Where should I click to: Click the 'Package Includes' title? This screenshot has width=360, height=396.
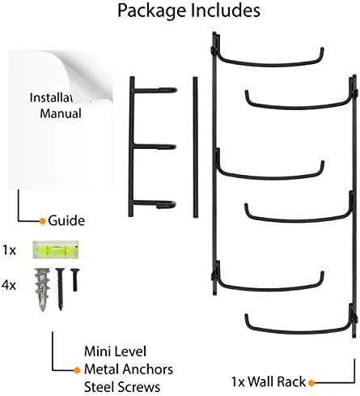coord(188,11)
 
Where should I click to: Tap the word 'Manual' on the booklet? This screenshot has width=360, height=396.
coord(61,113)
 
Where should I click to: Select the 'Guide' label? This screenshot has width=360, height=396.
coord(66,220)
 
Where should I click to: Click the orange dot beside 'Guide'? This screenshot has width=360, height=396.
coord(42,221)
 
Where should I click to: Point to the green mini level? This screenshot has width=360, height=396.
coord(56,249)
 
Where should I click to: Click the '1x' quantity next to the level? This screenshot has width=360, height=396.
coord(9,250)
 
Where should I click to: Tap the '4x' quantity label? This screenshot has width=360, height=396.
coord(9,285)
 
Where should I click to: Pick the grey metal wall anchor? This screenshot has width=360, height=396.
coord(42,289)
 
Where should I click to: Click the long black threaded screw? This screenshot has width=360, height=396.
coord(60,289)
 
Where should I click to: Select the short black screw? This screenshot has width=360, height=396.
coord(75,279)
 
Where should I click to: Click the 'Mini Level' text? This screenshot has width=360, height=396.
coord(115,351)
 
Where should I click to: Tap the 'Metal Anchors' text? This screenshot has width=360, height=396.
coord(129,369)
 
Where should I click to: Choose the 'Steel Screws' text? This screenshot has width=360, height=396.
coord(122,387)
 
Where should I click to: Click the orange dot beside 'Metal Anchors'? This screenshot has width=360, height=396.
coord(77,370)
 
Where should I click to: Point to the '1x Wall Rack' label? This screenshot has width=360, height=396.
coord(269,381)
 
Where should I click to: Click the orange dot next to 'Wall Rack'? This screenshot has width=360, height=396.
coord(311,382)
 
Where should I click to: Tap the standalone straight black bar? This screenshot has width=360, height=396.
coord(195,147)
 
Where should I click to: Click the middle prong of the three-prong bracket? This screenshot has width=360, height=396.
coord(155,147)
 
